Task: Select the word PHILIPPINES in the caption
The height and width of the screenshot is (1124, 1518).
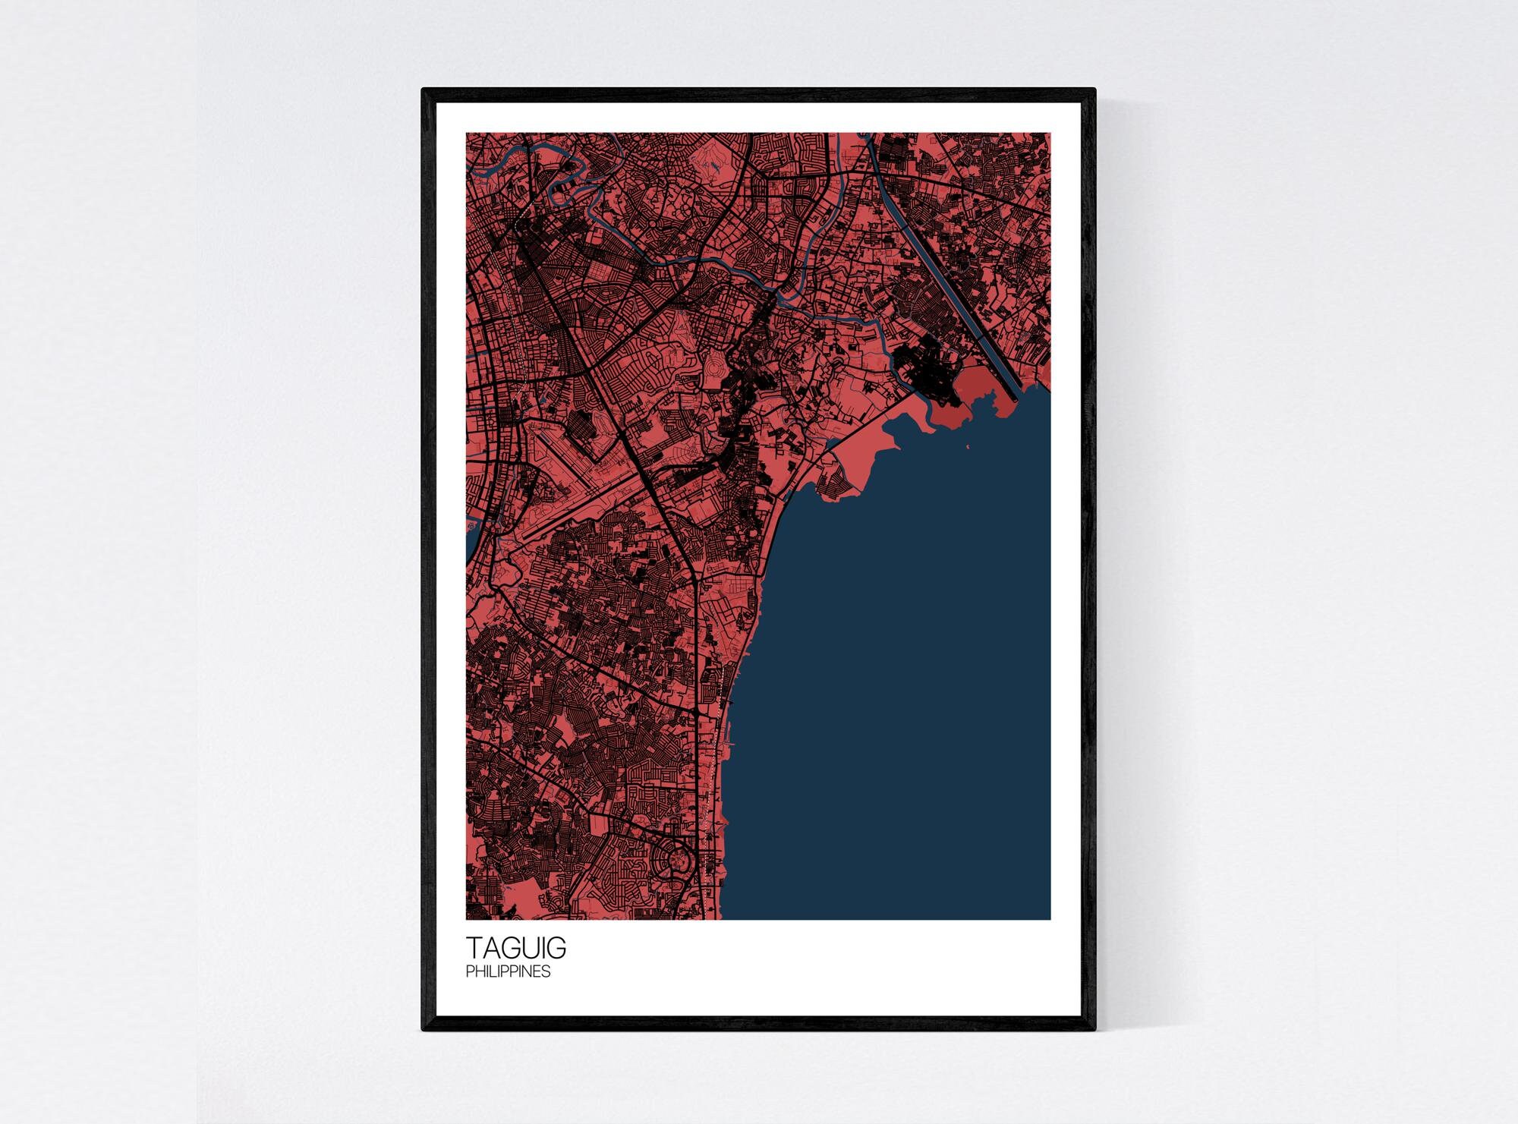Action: [508, 971]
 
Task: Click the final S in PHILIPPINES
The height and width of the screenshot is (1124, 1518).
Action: [546, 971]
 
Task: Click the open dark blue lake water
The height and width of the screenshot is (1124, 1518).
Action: [896, 683]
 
